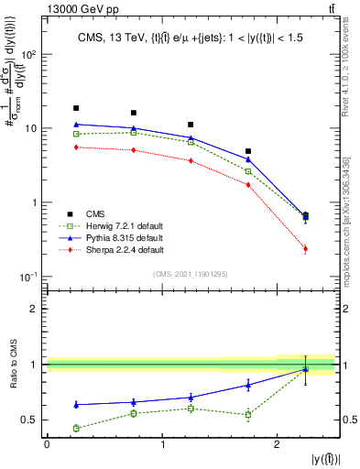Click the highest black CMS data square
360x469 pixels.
pos(76,108)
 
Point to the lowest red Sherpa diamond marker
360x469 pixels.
pos(306,249)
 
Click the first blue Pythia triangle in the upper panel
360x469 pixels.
pos(76,124)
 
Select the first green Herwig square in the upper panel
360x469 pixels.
pos(76,135)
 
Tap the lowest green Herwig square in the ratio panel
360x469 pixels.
pos(76,428)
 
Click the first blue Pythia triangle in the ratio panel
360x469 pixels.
pos(76,404)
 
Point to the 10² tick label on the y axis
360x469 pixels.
pos(30,54)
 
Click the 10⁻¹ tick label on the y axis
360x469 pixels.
pos(30,277)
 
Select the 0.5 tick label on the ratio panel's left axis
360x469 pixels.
pos(33,420)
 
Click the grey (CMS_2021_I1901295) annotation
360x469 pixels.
pos(191,272)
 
